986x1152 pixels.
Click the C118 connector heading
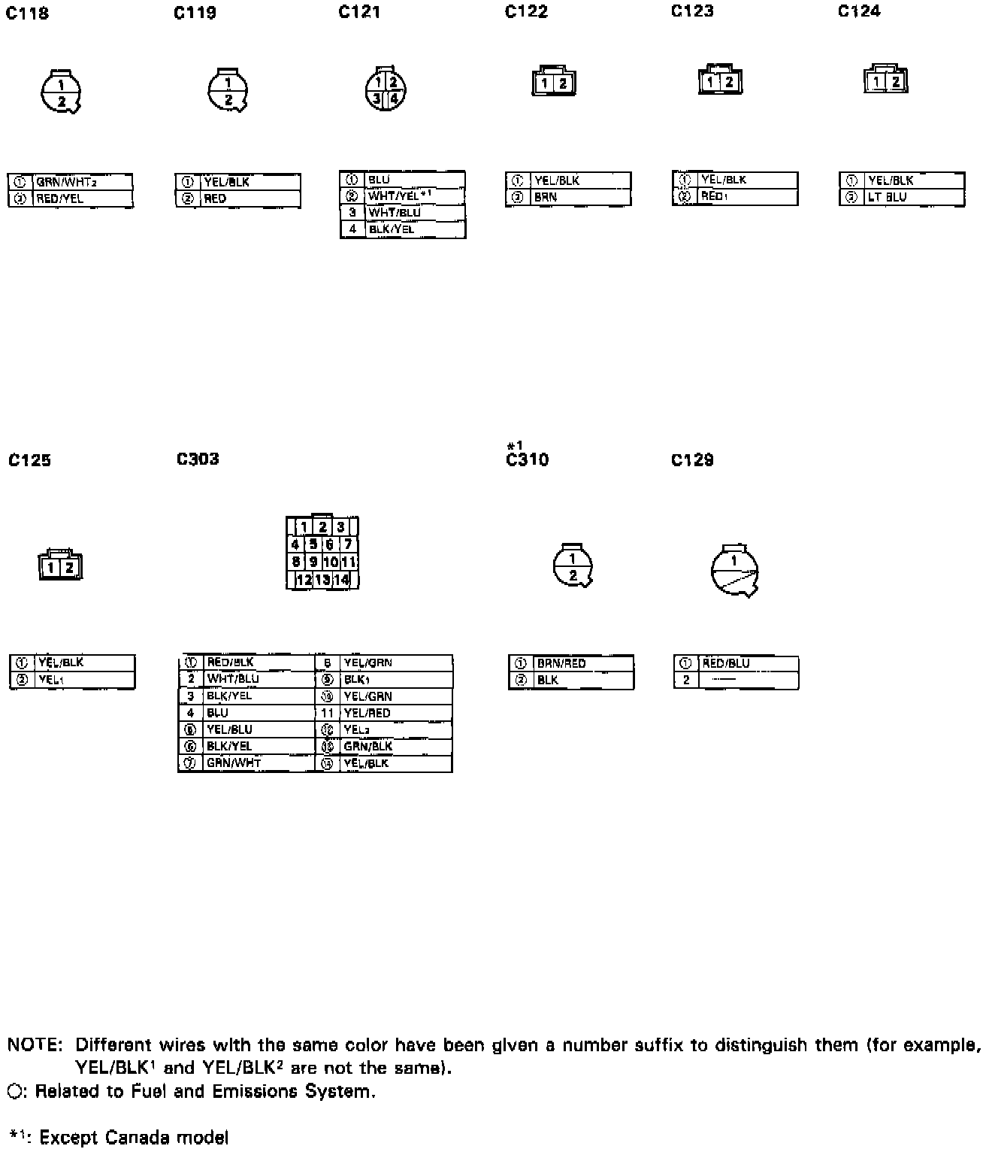click(x=27, y=14)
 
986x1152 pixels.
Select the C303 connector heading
click(x=198, y=459)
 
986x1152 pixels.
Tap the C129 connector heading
click(x=692, y=459)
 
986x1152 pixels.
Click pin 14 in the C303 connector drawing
click(x=342, y=580)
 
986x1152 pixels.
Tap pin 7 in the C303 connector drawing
click(x=348, y=544)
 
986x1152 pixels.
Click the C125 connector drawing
click(x=60, y=566)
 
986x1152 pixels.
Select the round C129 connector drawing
click(x=734, y=570)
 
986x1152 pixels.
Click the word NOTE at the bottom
click(x=35, y=1045)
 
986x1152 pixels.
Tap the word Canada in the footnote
click(x=136, y=1137)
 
